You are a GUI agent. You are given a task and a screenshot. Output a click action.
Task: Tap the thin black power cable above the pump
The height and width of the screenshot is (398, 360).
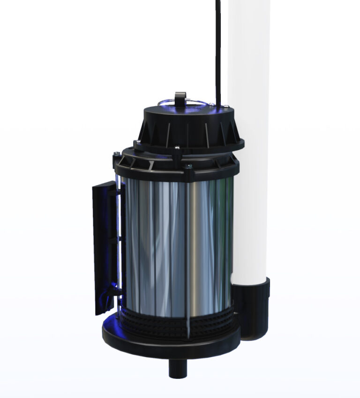click(218, 47)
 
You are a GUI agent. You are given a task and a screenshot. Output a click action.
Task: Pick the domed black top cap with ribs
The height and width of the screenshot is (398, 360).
click(187, 127)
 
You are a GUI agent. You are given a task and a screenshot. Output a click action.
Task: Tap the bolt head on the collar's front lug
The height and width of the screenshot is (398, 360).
click(188, 166)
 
